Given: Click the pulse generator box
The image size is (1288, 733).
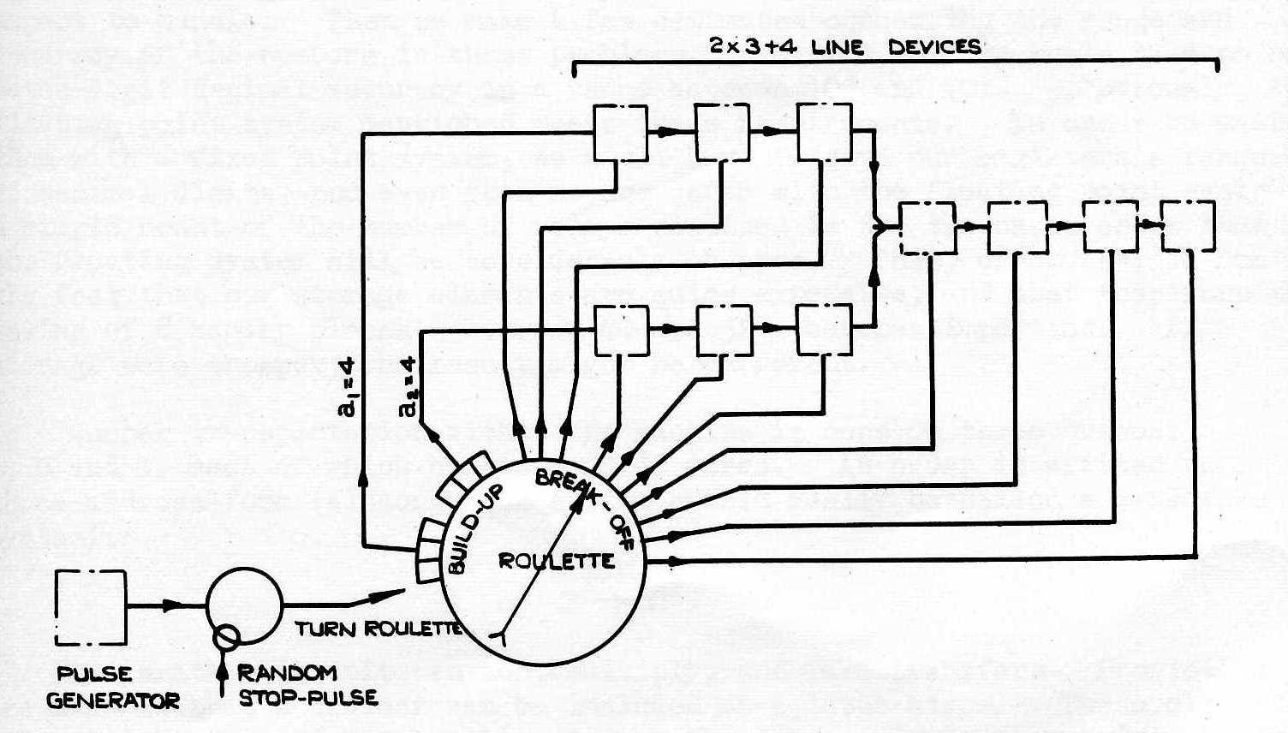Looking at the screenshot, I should pos(91,608).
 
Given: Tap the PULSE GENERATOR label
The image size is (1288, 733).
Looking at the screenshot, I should pos(112,688).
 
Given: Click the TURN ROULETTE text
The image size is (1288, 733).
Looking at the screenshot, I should pos(378,629).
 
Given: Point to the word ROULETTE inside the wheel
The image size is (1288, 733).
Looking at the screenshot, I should pos(557,562).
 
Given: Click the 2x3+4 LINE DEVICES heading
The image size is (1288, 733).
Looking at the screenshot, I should pos(845,46).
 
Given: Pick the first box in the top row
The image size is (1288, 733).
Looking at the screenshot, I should pos(621,132).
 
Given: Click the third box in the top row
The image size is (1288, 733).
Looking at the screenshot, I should pos(824,132).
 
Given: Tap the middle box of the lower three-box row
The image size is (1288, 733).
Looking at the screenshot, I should pos(724,330).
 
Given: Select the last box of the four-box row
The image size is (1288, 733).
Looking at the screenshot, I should pos(1188,226).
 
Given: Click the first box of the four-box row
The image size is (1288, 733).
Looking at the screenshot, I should pos(927,228).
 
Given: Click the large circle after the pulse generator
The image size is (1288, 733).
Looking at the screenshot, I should pos(244,605).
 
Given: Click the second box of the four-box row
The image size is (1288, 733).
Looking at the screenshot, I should pos(1017,227).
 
